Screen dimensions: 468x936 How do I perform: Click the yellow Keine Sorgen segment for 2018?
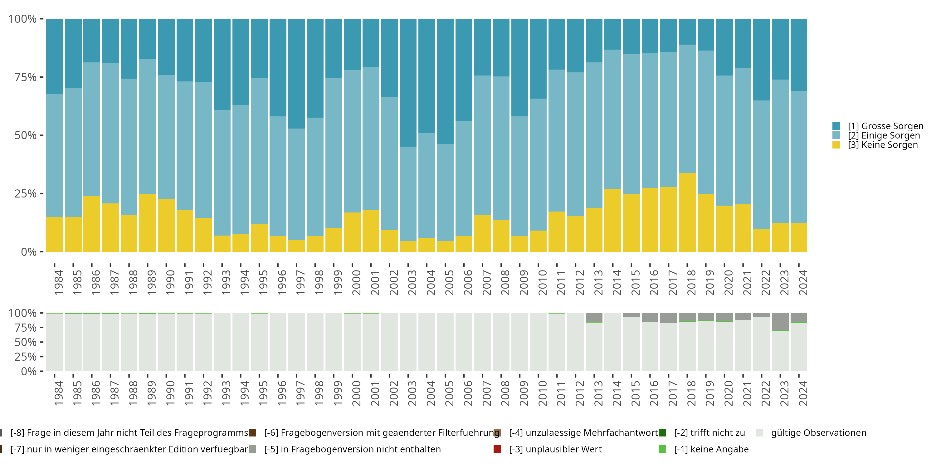click(687, 212)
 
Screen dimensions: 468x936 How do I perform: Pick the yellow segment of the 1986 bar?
click(91, 224)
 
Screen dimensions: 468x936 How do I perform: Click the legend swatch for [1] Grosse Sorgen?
click(836, 126)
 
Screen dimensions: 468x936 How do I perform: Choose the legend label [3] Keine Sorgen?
click(883, 145)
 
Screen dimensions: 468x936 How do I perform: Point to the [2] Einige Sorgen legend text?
click(884, 135)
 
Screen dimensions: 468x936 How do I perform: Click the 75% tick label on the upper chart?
click(26, 77)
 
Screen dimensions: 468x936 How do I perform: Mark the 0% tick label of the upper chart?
click(29, 252)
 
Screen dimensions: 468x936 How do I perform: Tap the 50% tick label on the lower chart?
click(26, 342)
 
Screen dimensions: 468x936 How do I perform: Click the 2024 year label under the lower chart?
click(803, 393)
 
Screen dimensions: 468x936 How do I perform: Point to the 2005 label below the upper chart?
click(450, 282)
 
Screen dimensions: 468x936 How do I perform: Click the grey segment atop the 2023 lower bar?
click(780, 322)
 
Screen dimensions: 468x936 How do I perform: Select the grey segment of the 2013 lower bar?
click(594, 318)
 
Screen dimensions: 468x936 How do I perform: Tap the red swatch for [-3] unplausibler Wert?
click(497, 449)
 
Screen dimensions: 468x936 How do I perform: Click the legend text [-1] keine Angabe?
click(711, 449)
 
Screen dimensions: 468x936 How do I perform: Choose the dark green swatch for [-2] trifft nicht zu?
click(662, 433)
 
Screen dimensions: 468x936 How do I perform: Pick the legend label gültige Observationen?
click(818, 433)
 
